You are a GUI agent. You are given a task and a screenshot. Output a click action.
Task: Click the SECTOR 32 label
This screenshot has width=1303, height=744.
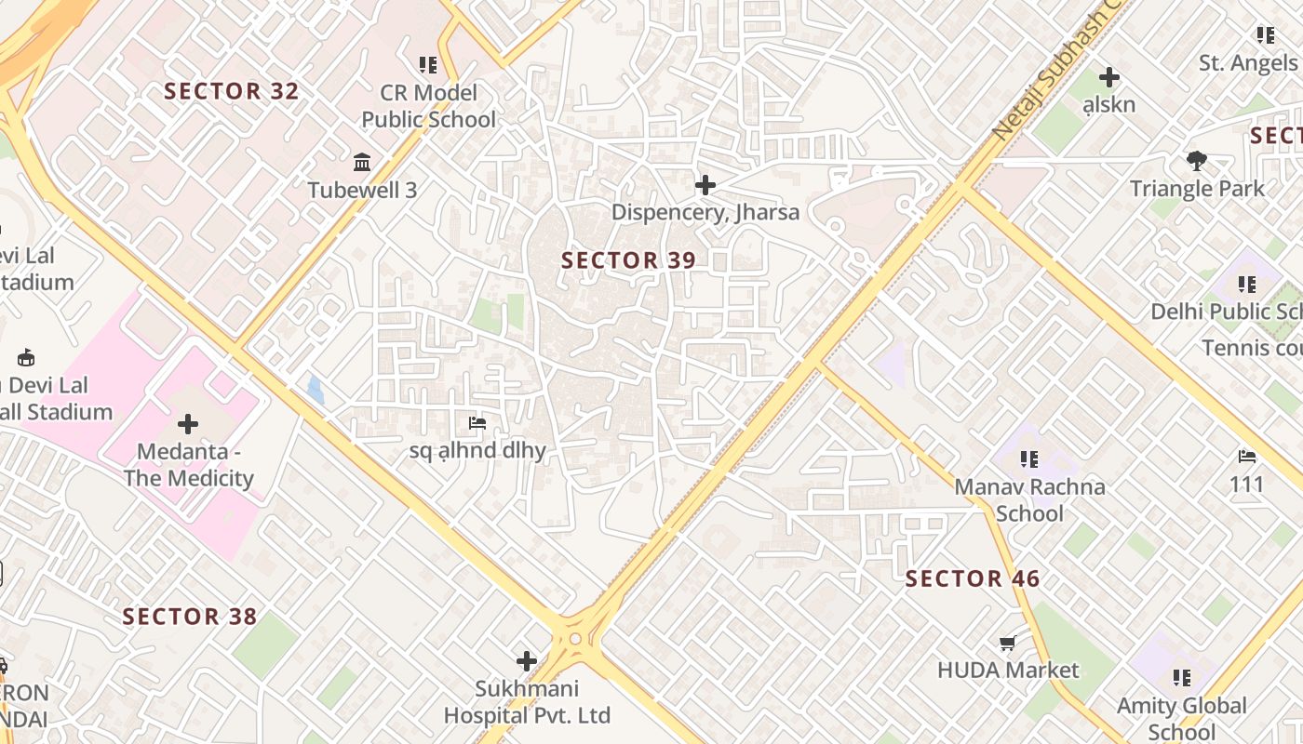coord(232,91)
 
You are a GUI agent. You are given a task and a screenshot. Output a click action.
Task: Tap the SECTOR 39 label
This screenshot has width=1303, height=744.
coord(628,260)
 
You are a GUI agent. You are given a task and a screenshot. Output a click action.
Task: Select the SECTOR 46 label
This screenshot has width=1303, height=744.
coord(973,578)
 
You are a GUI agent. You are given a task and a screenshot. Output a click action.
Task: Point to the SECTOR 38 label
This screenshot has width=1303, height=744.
coord(190,617)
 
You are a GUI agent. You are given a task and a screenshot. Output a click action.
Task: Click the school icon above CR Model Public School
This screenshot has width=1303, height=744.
coord(428,65)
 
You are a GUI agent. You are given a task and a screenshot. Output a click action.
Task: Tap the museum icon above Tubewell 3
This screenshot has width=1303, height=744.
coord(362,164)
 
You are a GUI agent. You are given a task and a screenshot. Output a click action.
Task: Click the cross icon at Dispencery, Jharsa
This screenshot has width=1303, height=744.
coord(705,185)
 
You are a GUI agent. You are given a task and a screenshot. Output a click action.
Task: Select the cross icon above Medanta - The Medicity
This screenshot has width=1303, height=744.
coord(188,424)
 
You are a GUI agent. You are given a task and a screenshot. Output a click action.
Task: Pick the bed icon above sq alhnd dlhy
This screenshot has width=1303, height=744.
coord(477,423)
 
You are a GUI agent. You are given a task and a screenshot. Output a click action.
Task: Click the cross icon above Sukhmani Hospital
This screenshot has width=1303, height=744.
coord(527,661)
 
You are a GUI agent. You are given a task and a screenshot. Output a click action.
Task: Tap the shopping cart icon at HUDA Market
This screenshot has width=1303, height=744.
coord(1007,644)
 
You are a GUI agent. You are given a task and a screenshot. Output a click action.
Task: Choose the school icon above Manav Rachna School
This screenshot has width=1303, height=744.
coord(1028,458)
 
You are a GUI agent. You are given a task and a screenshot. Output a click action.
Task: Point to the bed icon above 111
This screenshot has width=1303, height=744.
coord(1247,457)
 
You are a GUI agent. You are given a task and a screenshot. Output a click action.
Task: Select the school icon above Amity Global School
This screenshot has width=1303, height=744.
coord(1182,677)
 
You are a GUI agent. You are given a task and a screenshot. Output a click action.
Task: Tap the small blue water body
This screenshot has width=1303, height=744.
coord(316,390)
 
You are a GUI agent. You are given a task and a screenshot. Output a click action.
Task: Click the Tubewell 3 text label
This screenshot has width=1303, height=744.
coord(362,191)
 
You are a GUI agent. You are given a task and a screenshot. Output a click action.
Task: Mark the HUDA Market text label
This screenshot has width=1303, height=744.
coord(1008,671)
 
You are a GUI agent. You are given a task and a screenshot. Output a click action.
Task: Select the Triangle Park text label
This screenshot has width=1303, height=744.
coord(1197,189)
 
